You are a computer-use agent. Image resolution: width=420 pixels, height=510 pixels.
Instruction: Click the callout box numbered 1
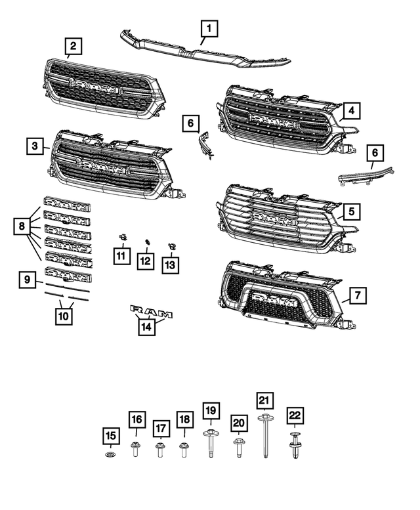pos(209,28)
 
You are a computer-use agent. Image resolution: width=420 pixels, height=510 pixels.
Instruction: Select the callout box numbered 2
pos(73,46)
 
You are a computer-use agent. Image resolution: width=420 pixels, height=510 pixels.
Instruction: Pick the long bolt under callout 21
pos(265,434)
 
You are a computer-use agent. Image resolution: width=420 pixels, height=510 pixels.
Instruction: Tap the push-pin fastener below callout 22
pos(295,448)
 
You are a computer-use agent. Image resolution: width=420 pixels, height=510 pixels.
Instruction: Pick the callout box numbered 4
pos(352,110)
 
